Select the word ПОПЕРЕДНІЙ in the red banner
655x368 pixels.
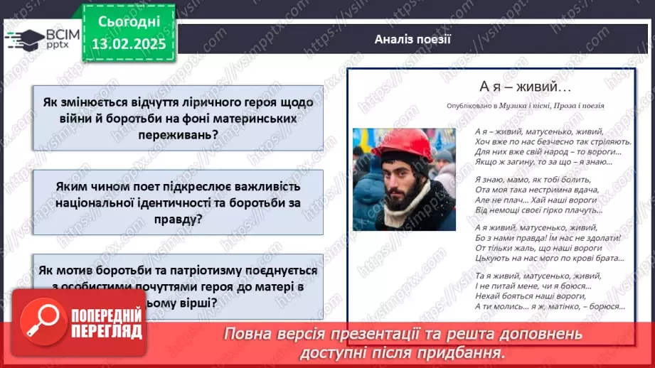[x=107, y=316]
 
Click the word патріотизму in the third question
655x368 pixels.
[x=191, y=271]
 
